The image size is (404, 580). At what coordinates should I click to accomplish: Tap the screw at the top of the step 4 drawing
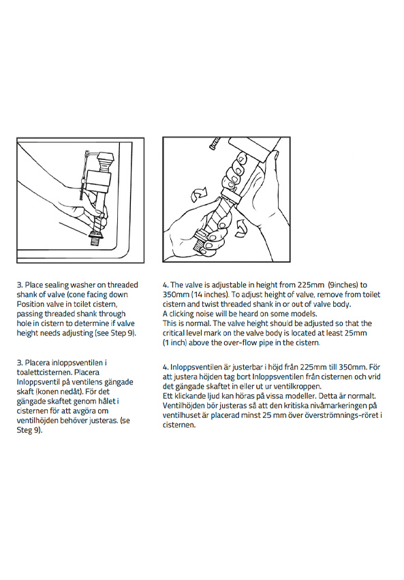[215, 143]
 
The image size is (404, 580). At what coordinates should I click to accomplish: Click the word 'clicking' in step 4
[182, 314]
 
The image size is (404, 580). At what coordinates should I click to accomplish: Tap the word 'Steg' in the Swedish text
[24, 430]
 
